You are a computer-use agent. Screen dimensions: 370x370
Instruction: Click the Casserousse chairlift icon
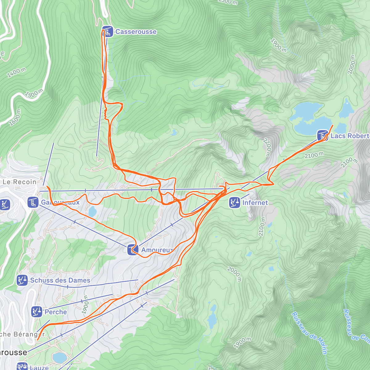pos(107,31)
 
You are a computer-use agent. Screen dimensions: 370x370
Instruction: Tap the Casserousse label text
pos(136,32)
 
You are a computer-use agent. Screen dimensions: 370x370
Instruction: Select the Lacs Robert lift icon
pos(323,135)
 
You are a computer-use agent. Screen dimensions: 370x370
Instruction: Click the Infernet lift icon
pos(235,203)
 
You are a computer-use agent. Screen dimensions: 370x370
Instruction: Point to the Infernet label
pos(255,203)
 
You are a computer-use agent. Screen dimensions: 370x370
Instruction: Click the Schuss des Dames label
pos(60,280)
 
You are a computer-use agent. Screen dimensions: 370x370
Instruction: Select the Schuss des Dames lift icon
pos(22,280)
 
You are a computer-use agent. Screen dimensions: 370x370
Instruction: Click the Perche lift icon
pos(37,312)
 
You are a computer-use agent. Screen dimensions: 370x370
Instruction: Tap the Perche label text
pos(56,312)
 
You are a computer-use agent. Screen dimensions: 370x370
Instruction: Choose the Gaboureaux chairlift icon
pos(33,202)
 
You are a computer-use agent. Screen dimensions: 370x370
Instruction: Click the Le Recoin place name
pos(19,182)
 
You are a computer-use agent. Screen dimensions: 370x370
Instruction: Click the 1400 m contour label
pos(17,72)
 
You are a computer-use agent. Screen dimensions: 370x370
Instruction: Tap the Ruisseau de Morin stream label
pos(309,333)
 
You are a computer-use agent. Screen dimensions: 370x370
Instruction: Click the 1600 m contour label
pos(14,117)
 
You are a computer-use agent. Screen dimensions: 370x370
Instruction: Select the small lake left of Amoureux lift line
pos(92,212)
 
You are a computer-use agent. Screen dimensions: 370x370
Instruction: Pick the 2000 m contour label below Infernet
pos(234,274)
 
